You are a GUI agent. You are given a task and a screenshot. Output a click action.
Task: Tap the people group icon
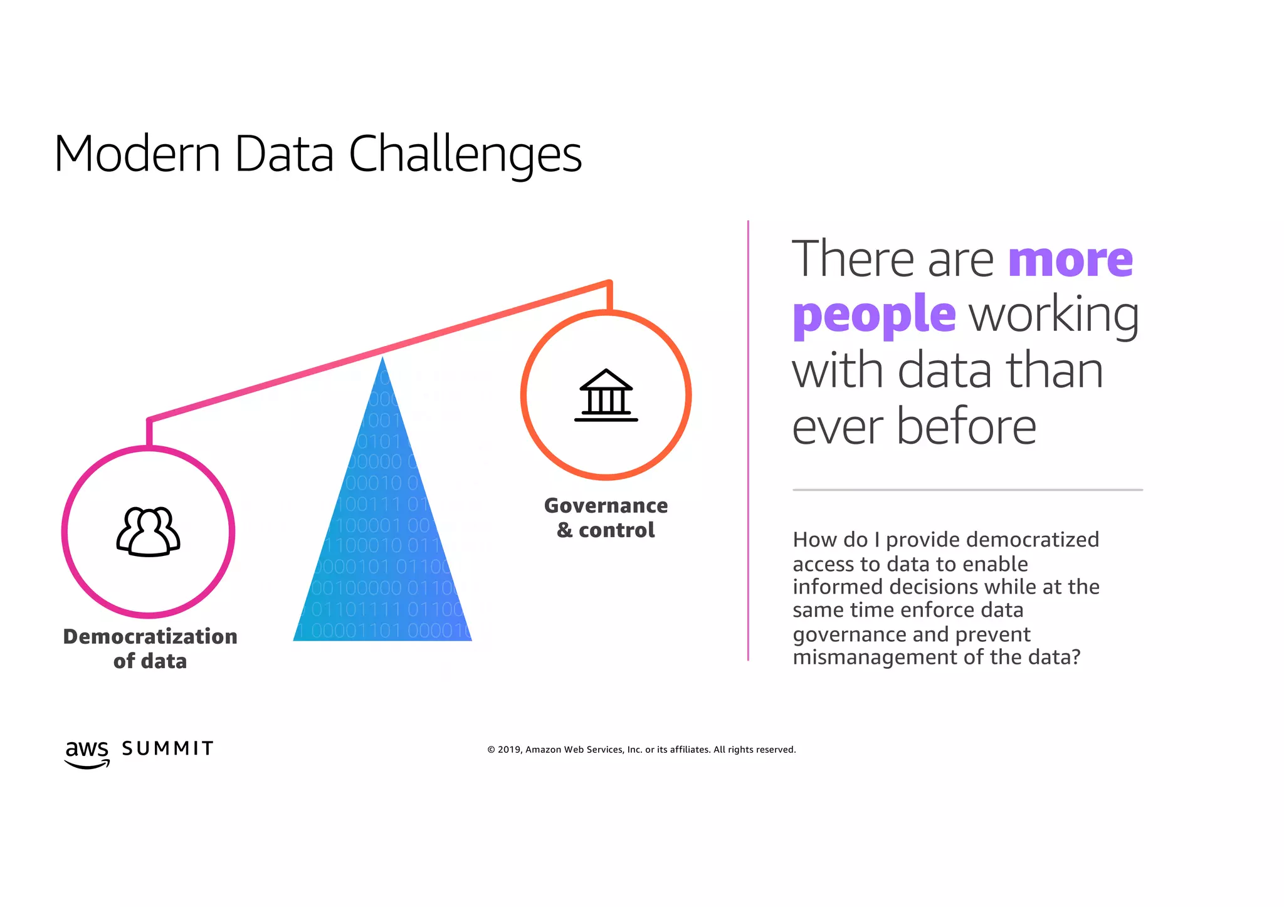tap(149, 532)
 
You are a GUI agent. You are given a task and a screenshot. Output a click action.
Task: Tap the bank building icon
tap(606, 395)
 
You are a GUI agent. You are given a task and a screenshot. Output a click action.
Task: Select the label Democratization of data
tap(150, 649)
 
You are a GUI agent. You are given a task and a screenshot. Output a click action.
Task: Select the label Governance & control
tap(606, 518)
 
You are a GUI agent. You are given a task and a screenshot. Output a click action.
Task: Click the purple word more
tap(1070, 260)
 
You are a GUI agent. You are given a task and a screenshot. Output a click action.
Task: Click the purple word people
tap(874, 315)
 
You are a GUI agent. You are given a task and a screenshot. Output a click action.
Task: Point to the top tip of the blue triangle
tap(382, 359)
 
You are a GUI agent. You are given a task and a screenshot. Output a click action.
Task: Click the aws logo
tap(87, 752)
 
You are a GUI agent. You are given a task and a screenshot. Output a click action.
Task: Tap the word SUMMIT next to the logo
tap(167, 748)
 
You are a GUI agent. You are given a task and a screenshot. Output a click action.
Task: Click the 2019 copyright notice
tap(641, 750)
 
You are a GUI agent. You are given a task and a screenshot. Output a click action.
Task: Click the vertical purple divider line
tap(748, 439)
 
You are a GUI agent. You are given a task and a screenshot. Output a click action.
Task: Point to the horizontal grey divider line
tap(967, 490)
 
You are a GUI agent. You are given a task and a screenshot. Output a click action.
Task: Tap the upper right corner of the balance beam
tap(609, 283)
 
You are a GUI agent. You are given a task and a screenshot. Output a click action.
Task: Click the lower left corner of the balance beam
tap(149, 419)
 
